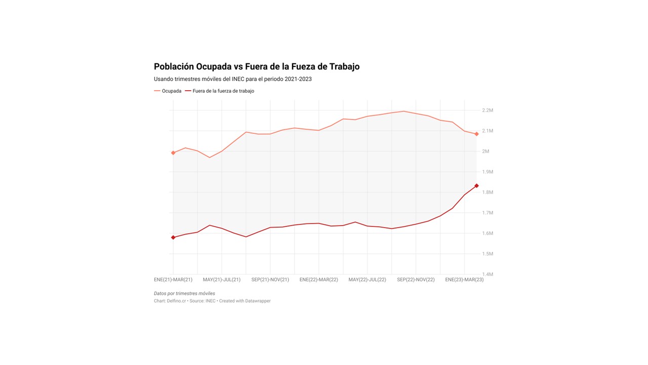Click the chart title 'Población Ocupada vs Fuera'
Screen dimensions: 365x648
[x=256, y=66]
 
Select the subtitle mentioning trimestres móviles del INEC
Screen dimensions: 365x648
[x=232, y=79]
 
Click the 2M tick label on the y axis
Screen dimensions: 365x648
[x=485, y=152]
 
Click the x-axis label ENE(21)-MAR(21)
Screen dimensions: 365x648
[x=173, y=280]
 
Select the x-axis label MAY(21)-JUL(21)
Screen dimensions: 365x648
[x=222, y=280]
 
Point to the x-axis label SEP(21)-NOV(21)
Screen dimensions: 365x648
[x=270, y=280]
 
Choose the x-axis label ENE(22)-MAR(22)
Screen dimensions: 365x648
[x=318, y=280]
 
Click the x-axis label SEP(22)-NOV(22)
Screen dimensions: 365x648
[x=416, y=280]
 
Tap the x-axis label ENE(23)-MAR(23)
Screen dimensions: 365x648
[x=464, y=280]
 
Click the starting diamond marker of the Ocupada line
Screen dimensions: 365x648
[x=173, y=153]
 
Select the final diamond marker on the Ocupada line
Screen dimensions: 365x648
[x=476, y=134]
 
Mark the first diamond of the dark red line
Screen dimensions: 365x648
[x=173, y=237]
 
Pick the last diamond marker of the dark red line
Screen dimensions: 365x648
[x=476, y=186]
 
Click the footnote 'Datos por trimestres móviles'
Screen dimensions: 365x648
[x=184, y=294]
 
